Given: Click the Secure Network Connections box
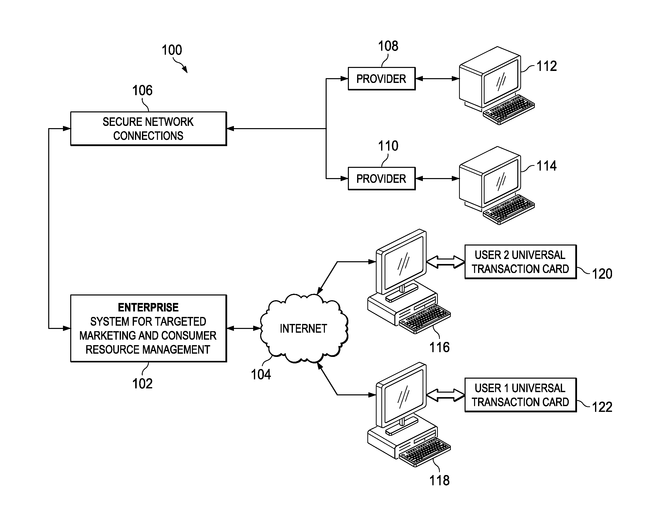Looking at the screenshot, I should (148, 129).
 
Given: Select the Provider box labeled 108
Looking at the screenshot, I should (381, 79).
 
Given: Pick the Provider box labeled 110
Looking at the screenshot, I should (381, 179).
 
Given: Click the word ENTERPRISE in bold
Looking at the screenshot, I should (148, 307).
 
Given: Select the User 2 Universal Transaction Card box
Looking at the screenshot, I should (520, 262).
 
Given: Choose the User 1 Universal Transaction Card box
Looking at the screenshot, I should (520, 395).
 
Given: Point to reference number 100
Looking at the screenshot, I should (172, 50).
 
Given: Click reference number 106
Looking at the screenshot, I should (142, 90).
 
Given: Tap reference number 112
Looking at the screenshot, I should (547, 66).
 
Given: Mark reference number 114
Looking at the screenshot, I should (547, 166).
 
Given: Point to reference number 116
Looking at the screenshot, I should (439, 347).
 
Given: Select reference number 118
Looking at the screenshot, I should (439, 481).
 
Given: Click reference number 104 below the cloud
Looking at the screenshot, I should (261, 375).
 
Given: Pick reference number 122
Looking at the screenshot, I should (602, 407).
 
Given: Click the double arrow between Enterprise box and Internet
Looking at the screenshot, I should (244, 328).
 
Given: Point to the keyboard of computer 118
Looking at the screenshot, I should (425, 452).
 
